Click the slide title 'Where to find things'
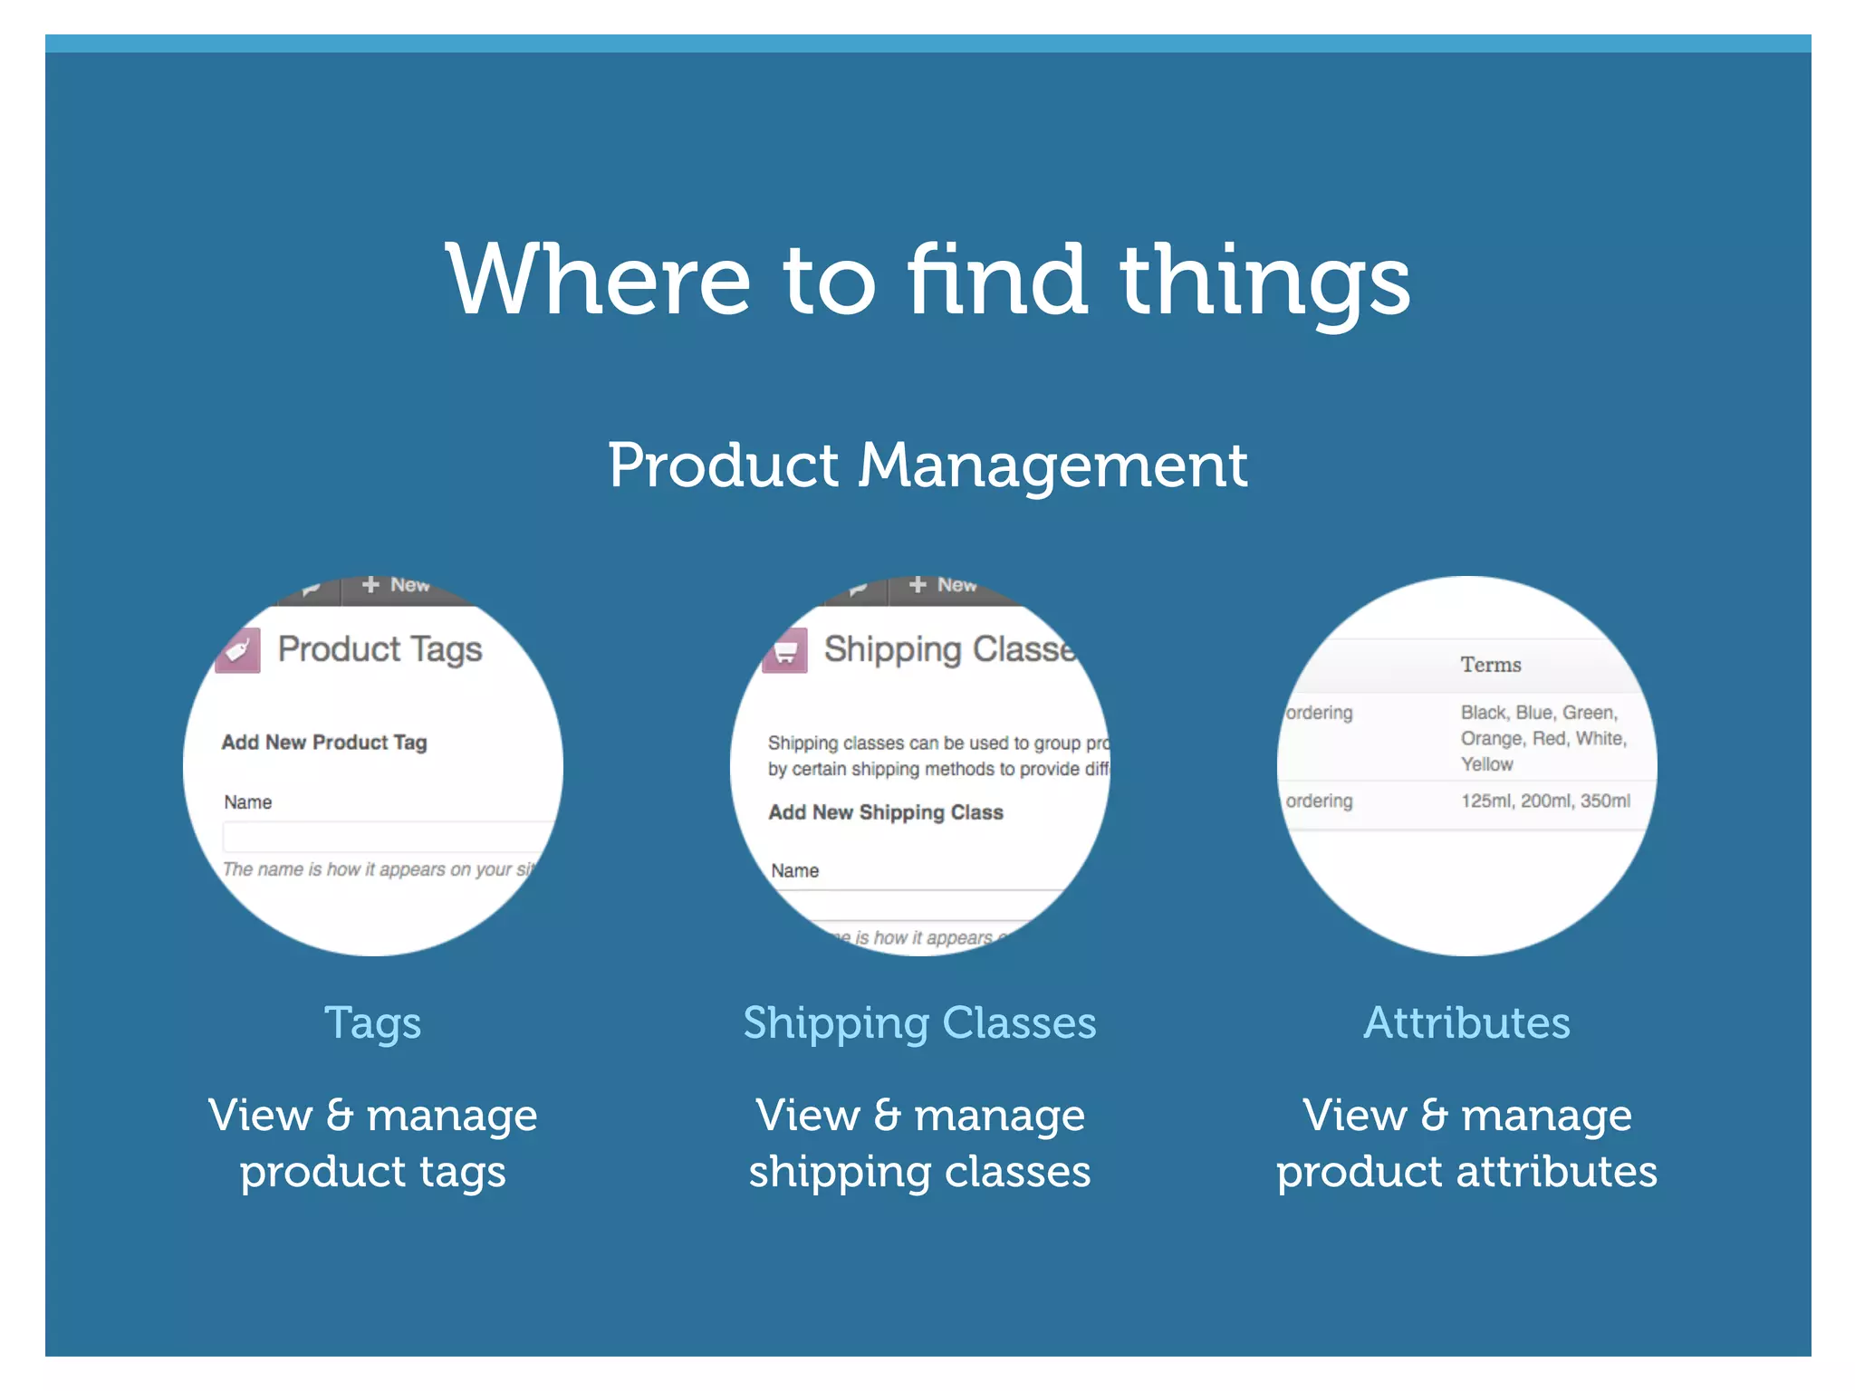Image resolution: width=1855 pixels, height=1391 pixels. [927, 281]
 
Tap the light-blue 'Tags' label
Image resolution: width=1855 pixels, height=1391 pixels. [372, 1023]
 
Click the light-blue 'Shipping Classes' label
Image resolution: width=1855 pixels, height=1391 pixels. [919, 1023]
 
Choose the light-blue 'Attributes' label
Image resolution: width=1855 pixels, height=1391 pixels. [1466, 1023]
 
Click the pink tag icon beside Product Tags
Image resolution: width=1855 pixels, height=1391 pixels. [238, 650]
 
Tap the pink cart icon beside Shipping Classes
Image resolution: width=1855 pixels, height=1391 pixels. [785, 651]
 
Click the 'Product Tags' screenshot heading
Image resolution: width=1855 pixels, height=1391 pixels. [380, 649]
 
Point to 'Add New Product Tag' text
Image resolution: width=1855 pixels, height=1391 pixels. [324, 743]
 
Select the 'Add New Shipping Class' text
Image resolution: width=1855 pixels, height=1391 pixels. [886, 812]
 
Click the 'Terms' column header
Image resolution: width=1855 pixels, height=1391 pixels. [1490, 665]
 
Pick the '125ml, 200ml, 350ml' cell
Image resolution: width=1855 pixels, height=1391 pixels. [1545, 801]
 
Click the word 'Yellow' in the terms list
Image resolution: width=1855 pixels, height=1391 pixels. [1486, 764]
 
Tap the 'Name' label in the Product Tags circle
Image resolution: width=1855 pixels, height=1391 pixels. [248, 802]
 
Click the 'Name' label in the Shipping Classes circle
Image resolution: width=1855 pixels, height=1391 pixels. [795, 871]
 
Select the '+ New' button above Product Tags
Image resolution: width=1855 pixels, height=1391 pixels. [396, 585]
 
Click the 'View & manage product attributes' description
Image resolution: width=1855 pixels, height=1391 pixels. [1466, 1143]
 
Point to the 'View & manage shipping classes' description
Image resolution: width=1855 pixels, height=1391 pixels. [919, 1143]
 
